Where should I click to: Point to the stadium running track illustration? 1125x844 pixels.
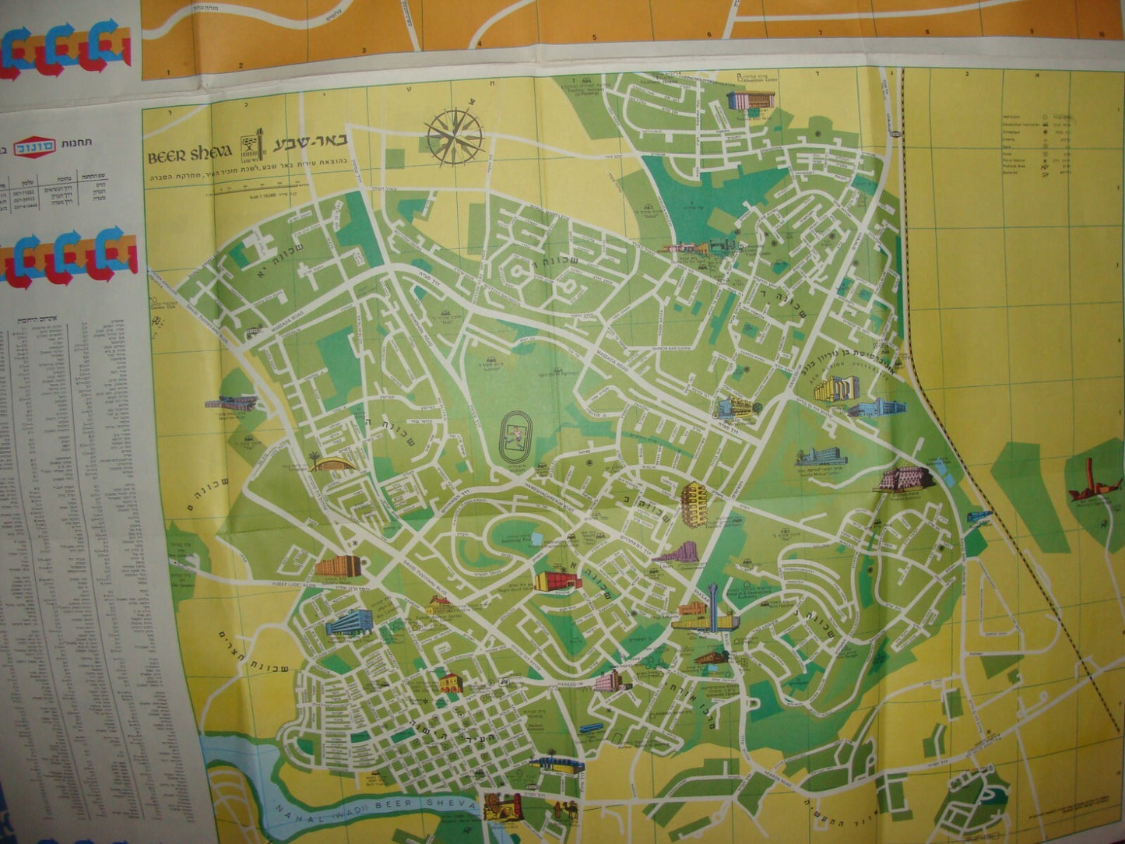coord(515,438)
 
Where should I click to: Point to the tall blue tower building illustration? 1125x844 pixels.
coord(712,608)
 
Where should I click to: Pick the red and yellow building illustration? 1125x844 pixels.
coord(557,580)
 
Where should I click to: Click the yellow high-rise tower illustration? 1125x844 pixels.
coord(691,502)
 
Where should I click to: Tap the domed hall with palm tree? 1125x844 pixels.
coord(331,462)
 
